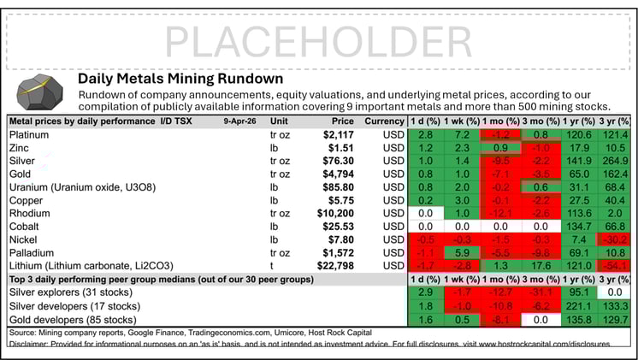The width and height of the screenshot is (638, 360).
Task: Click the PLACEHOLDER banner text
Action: [318, 40]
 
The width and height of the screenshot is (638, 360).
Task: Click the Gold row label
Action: [21, 172]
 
